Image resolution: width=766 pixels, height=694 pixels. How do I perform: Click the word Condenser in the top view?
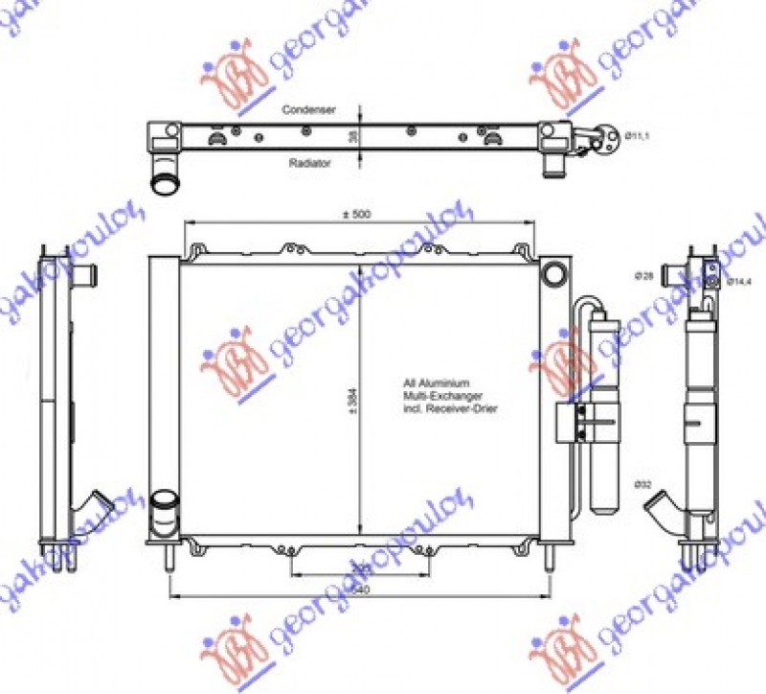tap(308, 110)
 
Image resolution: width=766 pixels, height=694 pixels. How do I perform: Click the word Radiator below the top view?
tap(309, 164)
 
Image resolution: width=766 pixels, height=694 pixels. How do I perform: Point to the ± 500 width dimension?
tap(356, 214)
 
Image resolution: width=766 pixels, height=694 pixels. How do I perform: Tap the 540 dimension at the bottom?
tap(360, 590)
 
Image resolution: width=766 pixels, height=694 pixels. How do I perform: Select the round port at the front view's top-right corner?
tap(553, 273)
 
